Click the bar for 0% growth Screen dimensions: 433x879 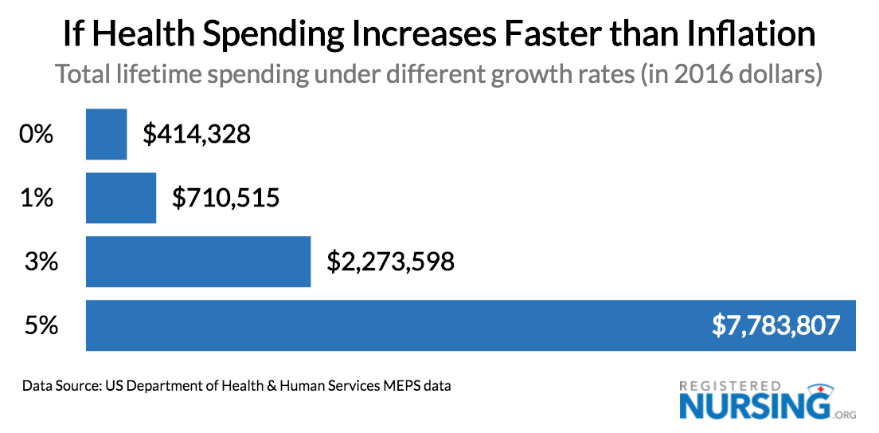(106, 135)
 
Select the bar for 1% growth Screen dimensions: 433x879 (121, 198)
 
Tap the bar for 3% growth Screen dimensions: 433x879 (198, 262)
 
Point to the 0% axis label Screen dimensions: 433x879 (36, 135)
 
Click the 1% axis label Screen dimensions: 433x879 (36, 198)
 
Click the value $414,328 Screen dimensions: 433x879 (197, 135)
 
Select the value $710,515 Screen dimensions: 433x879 (226, 198)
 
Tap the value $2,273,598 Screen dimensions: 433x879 (390, 262)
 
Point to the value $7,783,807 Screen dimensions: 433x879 (776, 325)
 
